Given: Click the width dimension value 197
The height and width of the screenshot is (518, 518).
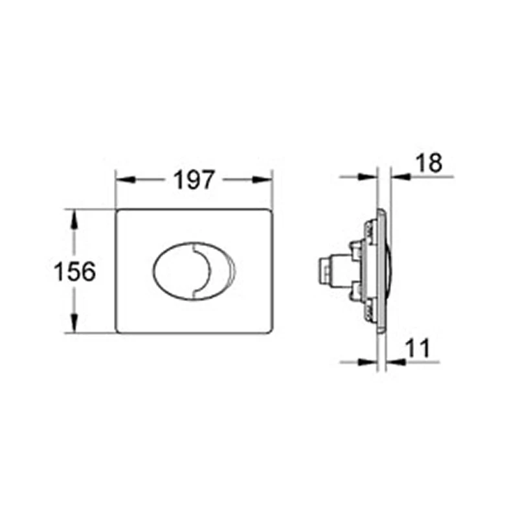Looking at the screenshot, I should [x=193, y=179].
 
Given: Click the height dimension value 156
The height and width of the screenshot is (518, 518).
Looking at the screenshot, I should [x=74, y=271].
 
